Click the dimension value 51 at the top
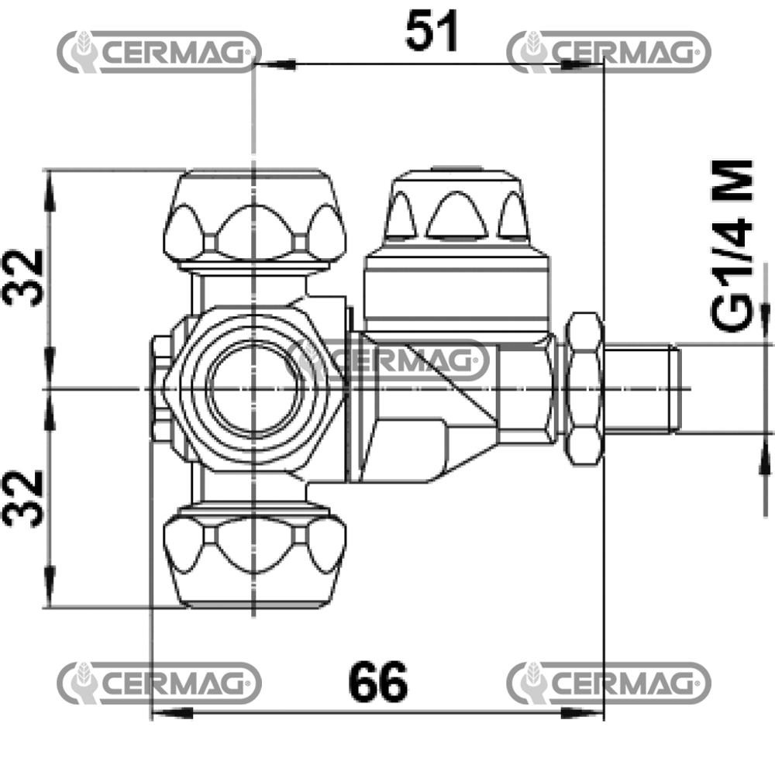click(432, 32)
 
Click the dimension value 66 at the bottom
click(378, 682)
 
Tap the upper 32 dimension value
click(23, 278)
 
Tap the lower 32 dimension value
click(23, 499)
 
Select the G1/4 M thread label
click(732, 245)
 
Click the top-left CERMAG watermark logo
click(159, 52)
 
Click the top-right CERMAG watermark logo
click(609, 52)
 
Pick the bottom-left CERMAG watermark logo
click(159, 684)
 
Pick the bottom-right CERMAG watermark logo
click(609, 684)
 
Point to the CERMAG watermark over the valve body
click(389, 360)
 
